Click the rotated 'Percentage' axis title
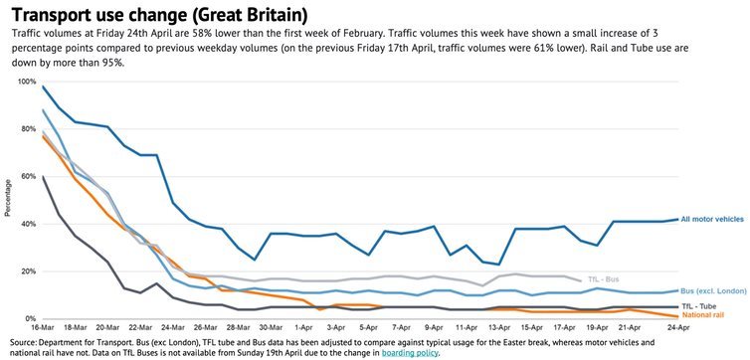coord(9,199)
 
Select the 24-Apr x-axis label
coord(678,327)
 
